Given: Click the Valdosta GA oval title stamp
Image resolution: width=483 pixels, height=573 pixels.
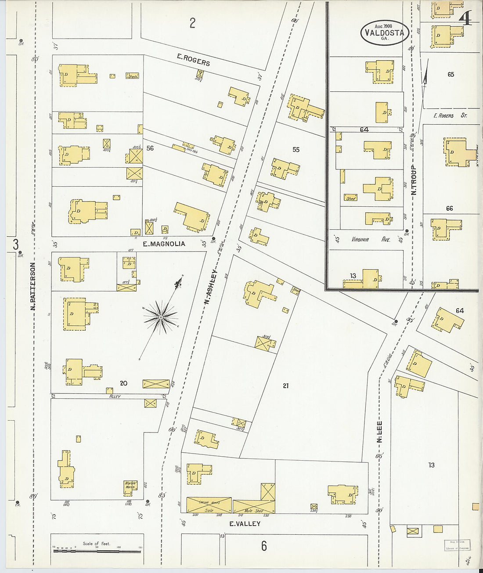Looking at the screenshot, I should point(385,32).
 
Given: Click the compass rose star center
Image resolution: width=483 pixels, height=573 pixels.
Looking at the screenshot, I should point(161,316).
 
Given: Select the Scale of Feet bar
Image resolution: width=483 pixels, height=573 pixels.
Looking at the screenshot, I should point(97,550).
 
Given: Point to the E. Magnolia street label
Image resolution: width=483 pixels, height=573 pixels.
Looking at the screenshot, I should point(164,244).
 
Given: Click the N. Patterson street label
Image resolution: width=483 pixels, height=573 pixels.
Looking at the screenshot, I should point(33,286).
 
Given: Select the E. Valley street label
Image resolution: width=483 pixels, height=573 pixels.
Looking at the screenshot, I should point(245,523).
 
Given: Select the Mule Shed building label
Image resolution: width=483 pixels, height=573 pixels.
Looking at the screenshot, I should point(254,511).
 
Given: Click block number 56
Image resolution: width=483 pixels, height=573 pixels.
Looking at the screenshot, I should point(150,148).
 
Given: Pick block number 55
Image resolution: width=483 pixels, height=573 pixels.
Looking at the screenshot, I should point(296,150).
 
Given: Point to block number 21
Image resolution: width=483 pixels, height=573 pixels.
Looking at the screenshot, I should point(286,386).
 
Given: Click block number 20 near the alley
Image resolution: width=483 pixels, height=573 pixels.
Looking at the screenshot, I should point(123,383).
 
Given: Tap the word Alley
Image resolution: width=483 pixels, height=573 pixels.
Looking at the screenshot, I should point(115,396).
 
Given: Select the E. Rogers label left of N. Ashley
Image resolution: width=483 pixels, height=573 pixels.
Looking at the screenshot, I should point(193,59).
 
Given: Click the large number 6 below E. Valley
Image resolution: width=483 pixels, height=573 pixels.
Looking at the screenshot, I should point(263,546).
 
